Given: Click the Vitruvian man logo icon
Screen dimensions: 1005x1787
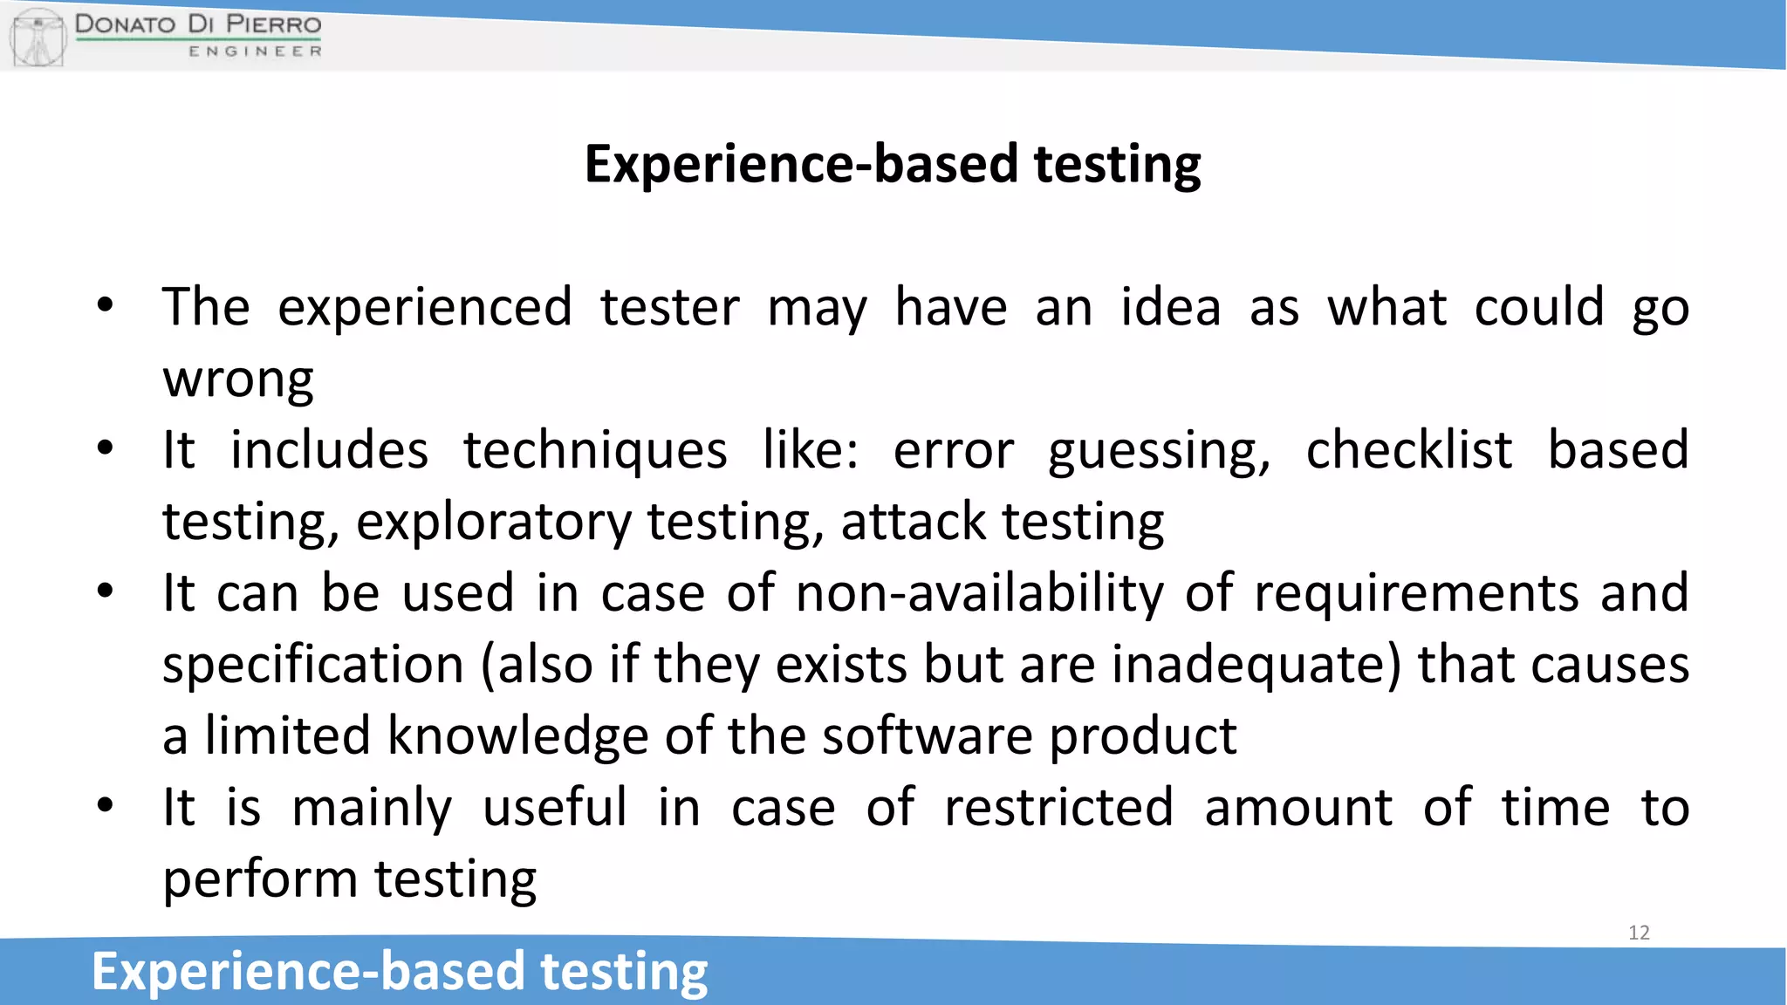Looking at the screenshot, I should point(38,37).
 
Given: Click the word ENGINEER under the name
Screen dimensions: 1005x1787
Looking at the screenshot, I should point(255,51).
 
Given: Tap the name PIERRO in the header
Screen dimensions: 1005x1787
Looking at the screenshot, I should point(273,24).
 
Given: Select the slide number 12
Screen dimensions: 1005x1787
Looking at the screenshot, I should point(1639,933).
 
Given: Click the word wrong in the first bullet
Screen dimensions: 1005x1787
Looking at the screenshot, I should point(238,379).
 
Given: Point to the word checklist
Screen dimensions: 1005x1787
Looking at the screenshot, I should point(1408,450).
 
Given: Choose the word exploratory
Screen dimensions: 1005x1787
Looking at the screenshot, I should point(493,522).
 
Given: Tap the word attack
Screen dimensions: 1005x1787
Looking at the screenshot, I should point(913,522).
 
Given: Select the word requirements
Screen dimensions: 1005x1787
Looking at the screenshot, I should point(1416,593).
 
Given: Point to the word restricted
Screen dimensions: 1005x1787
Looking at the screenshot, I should point(1058,807).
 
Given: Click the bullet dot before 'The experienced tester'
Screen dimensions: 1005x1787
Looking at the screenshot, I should point(106,306).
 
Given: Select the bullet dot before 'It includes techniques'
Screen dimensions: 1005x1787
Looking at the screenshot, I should point(106,449).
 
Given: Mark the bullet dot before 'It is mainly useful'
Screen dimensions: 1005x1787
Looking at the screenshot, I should point(106,806).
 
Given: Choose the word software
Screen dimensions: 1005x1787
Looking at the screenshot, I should point(927,735).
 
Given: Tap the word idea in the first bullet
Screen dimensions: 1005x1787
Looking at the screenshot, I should point(1170,307).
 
